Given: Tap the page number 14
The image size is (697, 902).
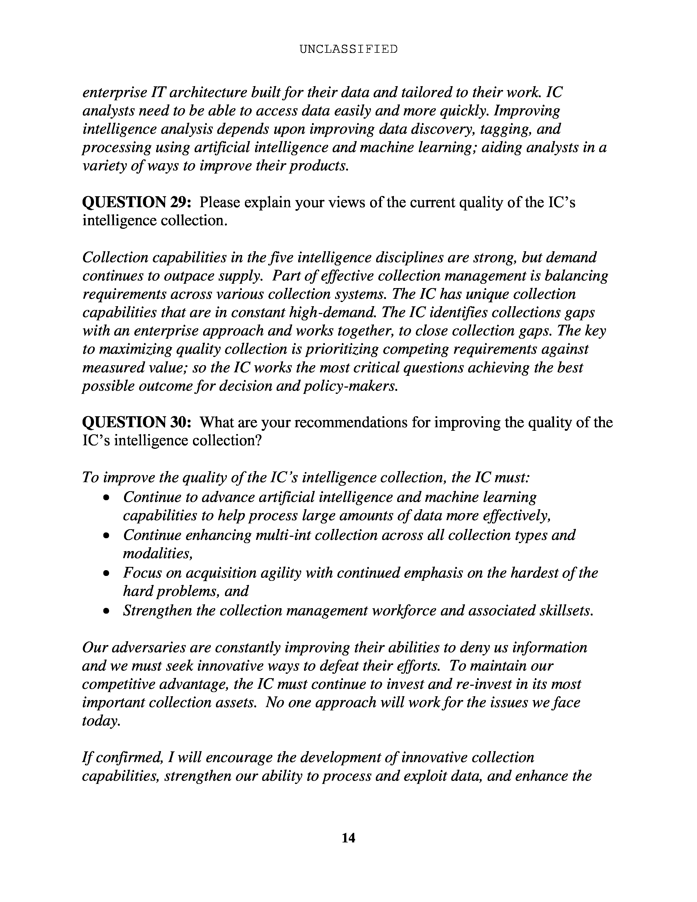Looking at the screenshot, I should [x=348, y=837].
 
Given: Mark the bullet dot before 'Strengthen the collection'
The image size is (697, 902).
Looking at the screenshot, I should [x=107, y=611].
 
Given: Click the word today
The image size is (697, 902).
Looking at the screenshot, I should [x=101, y=721].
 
